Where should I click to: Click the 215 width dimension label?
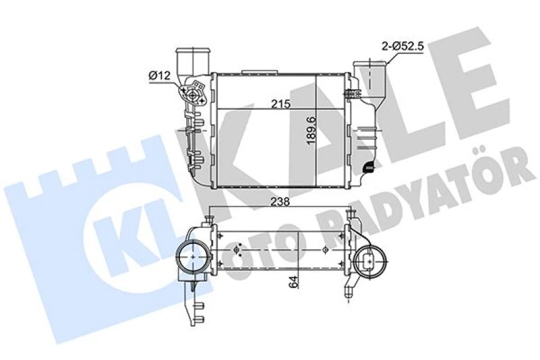tap(280, 104)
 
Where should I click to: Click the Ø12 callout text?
tap(160, 75)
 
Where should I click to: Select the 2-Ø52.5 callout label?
tap(403, 45)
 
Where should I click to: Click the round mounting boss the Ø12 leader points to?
tap(190, 95)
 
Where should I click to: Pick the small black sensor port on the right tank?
tap(370, 166)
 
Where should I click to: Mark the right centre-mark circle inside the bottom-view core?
tap(324, 250)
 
